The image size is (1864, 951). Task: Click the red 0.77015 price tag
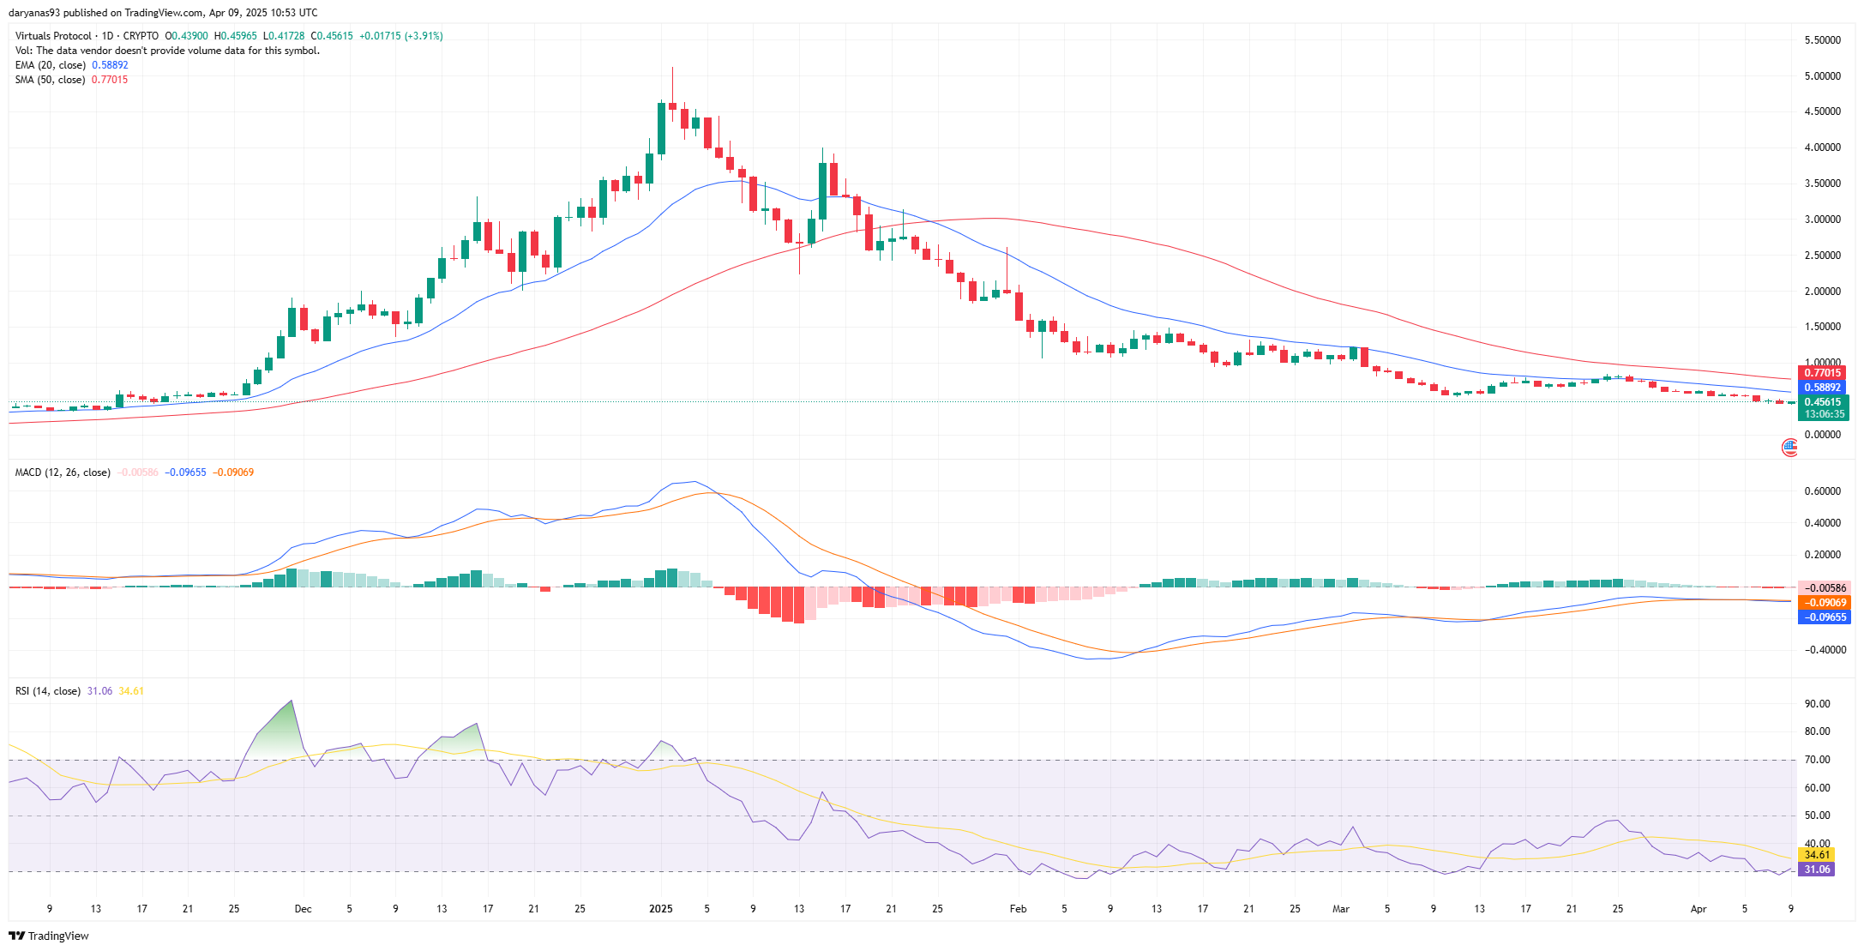click(x=1822, y=373)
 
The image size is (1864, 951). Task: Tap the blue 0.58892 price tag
click(x=1822, y=388)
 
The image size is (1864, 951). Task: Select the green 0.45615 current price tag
click(x=1822, y=402)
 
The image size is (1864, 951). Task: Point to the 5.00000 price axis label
click(x=1822, y=76)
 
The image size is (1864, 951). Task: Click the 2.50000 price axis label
click(x=1822, y=256)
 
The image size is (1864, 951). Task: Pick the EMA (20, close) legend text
click(x=51, y=65)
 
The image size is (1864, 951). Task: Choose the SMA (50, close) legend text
click(x=50, y=80)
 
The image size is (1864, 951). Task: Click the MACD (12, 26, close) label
click(x=63, y=472)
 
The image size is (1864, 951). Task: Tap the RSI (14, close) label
click(x=48, y=691)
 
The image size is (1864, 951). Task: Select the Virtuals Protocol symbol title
click(x=53, y=36)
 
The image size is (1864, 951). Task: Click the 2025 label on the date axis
click(x=661, y=909)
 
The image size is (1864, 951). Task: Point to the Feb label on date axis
click(x=1018, y=909)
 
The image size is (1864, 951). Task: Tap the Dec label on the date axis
click(x=303, y=909)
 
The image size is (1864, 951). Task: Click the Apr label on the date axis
click(x=1699, y=909)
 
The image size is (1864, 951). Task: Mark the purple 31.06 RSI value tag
click(x=1817, y=870)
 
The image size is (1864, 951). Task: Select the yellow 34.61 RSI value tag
click(x=1817, y=855)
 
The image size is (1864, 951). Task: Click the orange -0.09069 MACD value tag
click(x=1824, y=603)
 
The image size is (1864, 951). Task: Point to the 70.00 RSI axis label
click(x=1817, y=760)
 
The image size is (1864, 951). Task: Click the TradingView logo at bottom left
click(x=49, y=936)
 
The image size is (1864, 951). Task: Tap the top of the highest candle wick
click(x=673, y=67)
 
